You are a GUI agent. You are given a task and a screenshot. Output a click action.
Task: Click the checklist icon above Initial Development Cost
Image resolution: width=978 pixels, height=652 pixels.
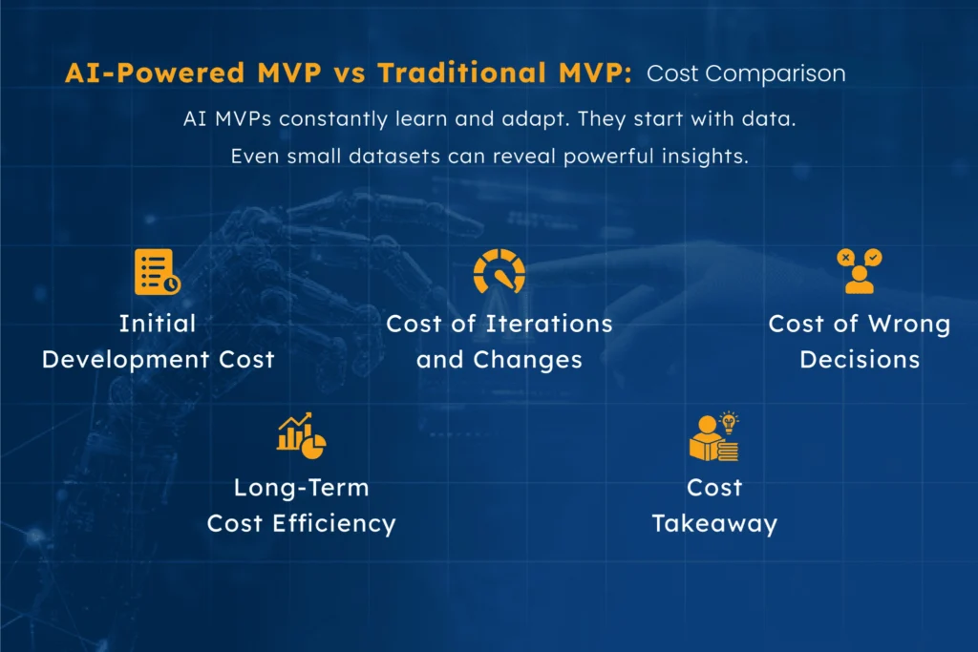157,271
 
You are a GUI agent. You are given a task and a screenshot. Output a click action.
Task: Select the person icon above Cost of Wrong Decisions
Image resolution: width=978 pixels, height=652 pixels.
859,271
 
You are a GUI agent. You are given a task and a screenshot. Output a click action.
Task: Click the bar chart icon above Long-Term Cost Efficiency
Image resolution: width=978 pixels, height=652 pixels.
301,434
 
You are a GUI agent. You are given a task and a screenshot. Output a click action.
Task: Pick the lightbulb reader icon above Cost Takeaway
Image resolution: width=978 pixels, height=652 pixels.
714,437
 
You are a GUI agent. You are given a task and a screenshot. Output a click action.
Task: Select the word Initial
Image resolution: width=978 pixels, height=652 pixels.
158,324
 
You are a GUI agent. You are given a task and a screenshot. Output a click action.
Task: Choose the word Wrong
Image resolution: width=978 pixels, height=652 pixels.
908,324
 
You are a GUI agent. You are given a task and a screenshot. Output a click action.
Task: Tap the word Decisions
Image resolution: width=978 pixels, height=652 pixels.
860,360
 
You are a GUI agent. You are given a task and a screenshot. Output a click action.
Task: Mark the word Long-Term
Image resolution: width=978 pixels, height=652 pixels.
301,488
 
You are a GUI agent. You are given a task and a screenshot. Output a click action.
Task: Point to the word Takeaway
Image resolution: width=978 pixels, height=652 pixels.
714,524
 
